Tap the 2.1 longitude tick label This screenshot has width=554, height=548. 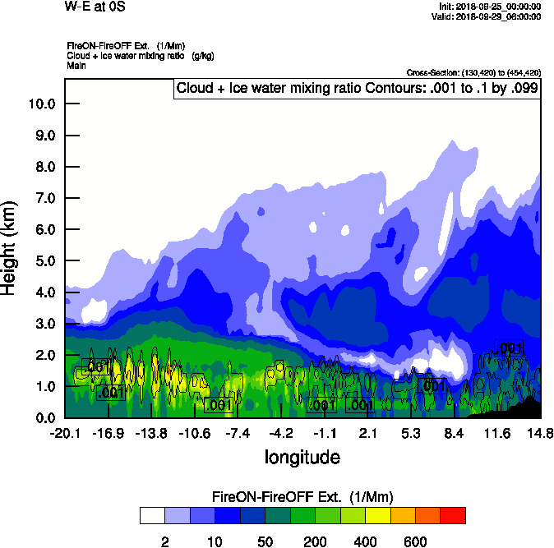point(367,433)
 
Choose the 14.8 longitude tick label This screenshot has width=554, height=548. point(540,433)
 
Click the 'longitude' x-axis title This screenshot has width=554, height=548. point(302,457)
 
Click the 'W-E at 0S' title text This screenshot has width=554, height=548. point(95,7)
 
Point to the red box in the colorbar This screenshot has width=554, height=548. point(452,516)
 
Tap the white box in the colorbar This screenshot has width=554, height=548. point(152,516)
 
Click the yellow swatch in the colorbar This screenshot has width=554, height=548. point(377,516)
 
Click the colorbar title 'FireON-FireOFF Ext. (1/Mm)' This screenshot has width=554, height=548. point(302,497)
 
